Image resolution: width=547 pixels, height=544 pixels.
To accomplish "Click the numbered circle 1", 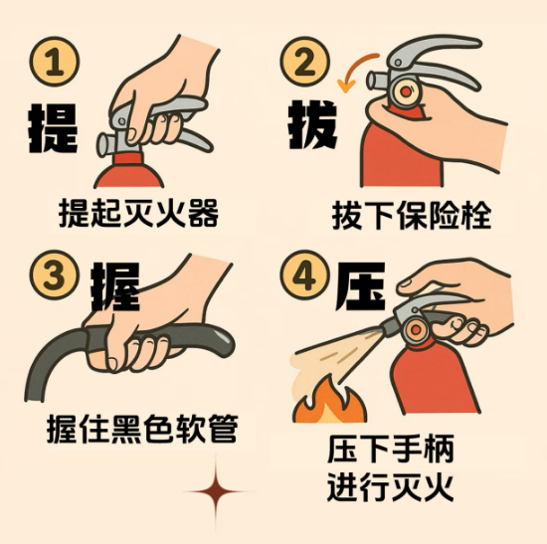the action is [x=55, y=62].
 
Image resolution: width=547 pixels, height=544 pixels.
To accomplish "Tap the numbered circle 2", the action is [x=304, y=62].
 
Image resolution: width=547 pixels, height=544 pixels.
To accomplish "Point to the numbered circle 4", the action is [x=304, y=275].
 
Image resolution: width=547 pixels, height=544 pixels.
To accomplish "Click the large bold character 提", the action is [x=53, y=127].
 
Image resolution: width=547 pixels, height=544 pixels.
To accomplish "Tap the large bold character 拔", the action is [x=312, y=124].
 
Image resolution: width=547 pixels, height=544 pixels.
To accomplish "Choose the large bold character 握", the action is [x=115, y=286].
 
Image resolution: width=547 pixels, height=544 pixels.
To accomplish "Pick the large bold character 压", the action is [x=360, y=286].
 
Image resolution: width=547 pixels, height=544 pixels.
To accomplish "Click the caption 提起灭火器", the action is [x=138, y=213].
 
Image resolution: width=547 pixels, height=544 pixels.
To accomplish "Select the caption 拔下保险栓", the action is [x=412, y=215].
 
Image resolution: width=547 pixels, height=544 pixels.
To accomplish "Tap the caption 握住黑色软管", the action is [x=142, y=429].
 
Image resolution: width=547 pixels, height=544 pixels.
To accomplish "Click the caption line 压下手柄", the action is [x=391, y=449].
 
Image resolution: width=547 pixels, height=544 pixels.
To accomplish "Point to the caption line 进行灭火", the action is [x=391, y=486].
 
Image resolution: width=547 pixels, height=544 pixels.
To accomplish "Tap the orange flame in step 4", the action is [x=329, y=401].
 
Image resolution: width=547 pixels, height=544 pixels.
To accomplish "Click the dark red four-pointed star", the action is [x=216, y=491].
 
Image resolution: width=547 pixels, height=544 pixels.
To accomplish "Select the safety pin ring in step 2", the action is [x=406, y=92].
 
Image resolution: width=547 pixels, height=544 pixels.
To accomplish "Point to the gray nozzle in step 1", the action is [x=108, y=144].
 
